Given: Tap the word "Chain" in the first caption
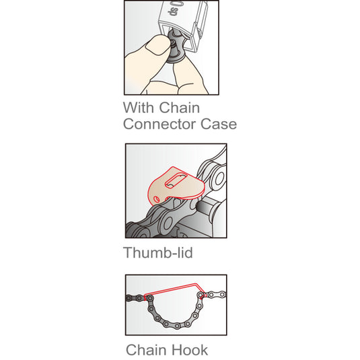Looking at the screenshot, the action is coord(179,108).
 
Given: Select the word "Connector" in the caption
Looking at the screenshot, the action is coord(159,124).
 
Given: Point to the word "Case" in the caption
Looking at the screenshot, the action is coord(219,124).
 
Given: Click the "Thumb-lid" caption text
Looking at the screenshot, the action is coord(158,252).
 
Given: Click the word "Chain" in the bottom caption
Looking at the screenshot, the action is coord(147,350).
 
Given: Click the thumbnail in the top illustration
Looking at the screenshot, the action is coord(157,46).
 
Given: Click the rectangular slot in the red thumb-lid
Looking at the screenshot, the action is coord(176,181).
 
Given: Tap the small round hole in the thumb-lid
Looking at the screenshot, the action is coord(157,199).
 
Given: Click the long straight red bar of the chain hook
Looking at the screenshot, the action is coord(171,289).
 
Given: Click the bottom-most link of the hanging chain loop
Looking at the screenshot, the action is coord(177,326).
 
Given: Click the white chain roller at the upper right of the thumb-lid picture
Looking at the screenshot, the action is coord(219,178).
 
